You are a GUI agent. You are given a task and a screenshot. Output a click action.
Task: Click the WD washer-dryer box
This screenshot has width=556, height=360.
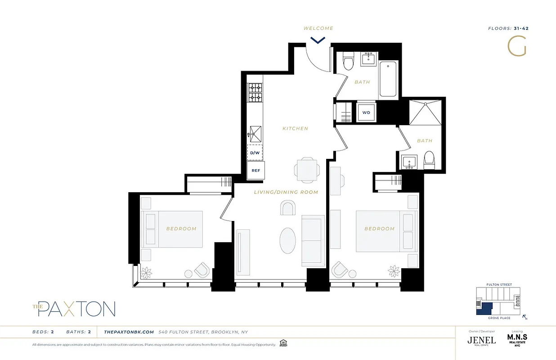click(x=366, y=112)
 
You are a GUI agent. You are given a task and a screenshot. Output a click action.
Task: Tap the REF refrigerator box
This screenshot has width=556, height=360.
click(x=256, y=171)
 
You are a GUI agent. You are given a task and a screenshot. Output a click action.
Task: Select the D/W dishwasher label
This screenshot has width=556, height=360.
click(x=255, y=153)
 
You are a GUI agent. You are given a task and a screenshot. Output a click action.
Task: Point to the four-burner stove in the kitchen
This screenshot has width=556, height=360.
click(x=255, y=92)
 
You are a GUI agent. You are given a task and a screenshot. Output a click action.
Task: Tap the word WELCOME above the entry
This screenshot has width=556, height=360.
click(x=318, y=28)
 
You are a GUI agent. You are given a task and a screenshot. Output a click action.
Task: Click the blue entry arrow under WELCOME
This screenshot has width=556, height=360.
click(x=318, y=40)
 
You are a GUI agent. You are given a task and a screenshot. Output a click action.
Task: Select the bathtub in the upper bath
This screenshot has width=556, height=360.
click(x=388, y=80)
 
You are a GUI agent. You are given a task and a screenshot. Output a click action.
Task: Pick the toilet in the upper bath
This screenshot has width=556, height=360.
click(x=348, y=62)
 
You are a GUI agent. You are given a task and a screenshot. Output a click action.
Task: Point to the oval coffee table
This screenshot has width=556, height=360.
click(x=288, y=239)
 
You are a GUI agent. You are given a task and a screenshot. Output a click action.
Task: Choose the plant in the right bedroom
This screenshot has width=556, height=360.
click(x=394, y=271)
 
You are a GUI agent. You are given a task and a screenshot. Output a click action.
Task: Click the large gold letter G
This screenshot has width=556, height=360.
click(x=516, y=46)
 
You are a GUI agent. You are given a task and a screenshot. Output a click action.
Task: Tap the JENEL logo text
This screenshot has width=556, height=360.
click(x=481, y=340)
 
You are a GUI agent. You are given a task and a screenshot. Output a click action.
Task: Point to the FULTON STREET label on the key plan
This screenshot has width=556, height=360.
click(x=499, y=285)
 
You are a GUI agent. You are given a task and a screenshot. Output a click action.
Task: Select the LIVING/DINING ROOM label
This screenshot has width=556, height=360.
click(x=286, y=192)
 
